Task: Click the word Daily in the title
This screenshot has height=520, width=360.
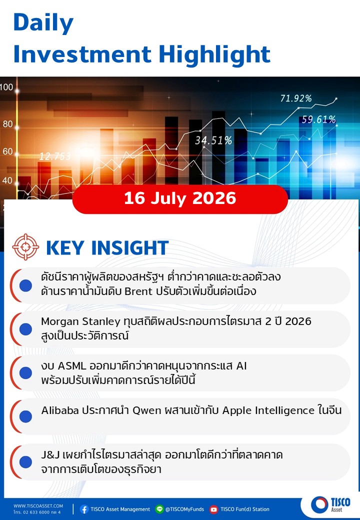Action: tap(43, 22)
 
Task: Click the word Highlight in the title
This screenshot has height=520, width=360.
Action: tap(214, 54)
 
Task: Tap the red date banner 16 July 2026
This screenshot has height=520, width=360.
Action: tap(180, 198)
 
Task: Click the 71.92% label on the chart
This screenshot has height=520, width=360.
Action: tap(296, 98)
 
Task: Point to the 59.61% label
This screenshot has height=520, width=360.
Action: tap(318, 119)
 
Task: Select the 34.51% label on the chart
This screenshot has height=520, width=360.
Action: tap(213, 140)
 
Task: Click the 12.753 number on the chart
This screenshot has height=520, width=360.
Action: tap(55, 156)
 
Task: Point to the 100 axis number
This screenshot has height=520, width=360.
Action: tap(6, 87)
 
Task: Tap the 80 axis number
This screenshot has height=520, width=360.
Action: tap(7, 124)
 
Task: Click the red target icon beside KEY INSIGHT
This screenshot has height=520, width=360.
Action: tap(25, 247)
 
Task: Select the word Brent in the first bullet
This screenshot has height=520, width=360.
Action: tap(138, 291)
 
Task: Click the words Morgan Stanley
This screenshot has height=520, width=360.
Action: tap(80, 321)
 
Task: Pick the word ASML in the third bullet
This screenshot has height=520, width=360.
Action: tap(71, 366)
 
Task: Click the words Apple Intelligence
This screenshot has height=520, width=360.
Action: tap(268, 410)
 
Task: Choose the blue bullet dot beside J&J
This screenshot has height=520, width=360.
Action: tap(25, 462)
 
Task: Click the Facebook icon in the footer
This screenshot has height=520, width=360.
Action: tap(84, 509)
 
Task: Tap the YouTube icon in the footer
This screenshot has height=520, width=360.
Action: tap(214, 509)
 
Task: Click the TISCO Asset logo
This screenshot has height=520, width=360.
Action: tap(330, 504)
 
